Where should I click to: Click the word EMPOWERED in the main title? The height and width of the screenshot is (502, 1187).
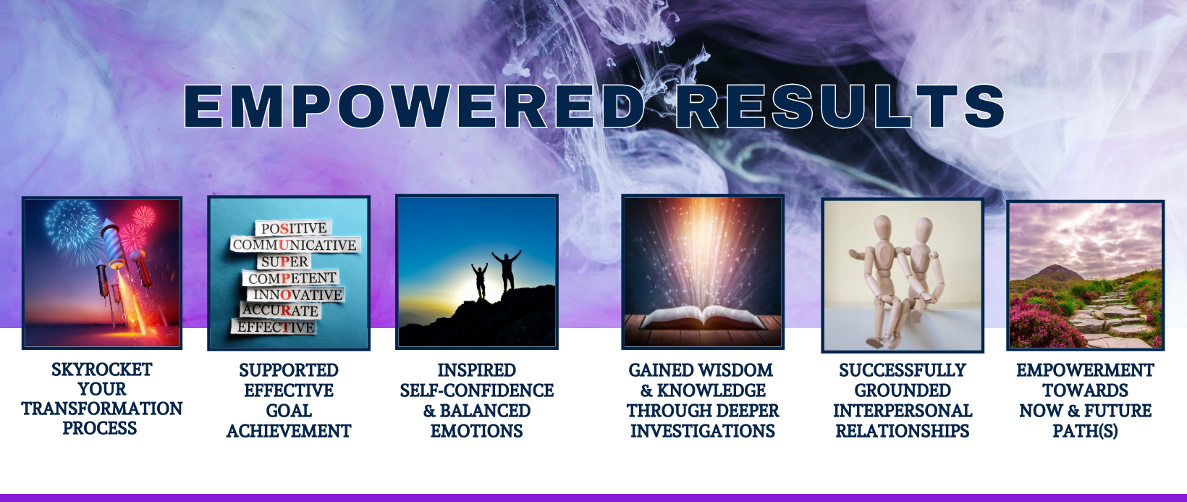415,106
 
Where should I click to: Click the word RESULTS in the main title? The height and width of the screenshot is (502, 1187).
840,106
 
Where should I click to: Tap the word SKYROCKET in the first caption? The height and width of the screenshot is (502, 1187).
102,369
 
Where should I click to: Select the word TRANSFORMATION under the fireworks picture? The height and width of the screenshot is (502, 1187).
102,409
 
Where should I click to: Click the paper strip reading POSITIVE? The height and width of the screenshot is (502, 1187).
294,228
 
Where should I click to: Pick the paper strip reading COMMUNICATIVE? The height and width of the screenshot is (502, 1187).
295,244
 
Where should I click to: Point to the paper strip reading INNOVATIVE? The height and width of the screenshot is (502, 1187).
297,294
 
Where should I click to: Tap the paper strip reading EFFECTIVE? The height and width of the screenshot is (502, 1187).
275,327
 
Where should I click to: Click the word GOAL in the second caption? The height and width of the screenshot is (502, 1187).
289,411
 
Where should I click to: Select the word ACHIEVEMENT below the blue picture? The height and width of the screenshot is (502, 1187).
289,431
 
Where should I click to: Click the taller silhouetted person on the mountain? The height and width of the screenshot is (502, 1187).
507,271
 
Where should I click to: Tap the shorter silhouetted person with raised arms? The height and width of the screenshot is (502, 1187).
480,281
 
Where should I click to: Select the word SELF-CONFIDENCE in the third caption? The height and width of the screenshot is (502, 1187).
477,390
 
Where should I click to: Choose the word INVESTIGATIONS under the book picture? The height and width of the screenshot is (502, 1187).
703,431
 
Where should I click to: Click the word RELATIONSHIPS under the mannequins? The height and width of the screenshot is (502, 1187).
903,431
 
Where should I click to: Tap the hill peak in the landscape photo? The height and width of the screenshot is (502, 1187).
1055,267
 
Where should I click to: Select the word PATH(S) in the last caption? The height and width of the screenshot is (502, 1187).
1085,431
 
